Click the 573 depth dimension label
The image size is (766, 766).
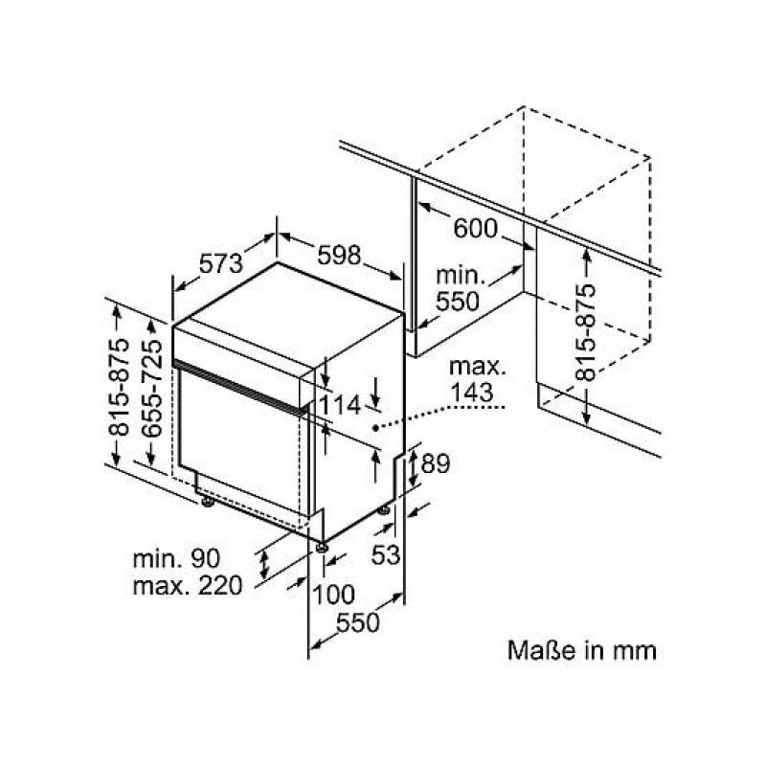tap(220, 264)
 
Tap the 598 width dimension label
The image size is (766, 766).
tap(339, 255)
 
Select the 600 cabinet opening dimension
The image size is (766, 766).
tap(475, 228)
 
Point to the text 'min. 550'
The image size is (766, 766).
tap(459, 289)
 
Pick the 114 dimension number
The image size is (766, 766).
tap(340, 405)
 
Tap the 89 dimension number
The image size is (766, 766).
tap(435, 463)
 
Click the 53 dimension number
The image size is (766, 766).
tap(386, 554)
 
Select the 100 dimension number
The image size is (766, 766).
tap(333, 595)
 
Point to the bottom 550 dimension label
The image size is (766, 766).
tap(357, 623)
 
